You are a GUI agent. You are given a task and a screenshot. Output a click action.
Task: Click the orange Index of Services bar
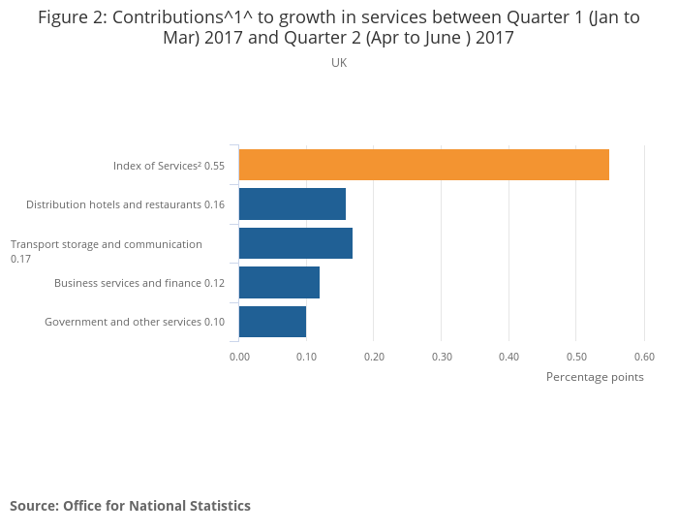point(423,165)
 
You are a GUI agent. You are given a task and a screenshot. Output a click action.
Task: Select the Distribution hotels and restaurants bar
point(292,204)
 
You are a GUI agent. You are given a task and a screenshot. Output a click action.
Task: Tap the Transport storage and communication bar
point(295,243)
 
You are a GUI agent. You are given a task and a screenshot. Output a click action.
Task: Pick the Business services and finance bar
point(279,283)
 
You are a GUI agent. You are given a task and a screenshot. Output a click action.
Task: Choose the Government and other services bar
point(272,322)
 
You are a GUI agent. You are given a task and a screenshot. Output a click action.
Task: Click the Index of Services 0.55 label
point(169,166)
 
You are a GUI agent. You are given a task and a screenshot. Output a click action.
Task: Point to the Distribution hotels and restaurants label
point(125,204)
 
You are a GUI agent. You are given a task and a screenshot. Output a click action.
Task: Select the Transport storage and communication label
point(106,251)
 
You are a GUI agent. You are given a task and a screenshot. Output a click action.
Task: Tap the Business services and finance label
point(139,283)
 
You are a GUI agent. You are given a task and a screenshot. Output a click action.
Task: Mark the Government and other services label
point(135,322)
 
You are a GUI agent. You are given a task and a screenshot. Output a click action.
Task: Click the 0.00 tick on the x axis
point(239,356)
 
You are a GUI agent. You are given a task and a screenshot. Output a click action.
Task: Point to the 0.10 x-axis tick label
point(306,356)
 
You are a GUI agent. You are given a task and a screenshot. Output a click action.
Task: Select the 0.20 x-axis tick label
point(374,356)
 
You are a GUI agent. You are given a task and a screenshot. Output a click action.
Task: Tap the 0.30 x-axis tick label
point(442,356)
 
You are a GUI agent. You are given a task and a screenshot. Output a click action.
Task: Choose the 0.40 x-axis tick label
point(508,356)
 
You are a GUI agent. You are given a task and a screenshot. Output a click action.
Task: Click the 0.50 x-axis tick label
point(576,356)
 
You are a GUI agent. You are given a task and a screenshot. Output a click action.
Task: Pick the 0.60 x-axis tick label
point(644,356)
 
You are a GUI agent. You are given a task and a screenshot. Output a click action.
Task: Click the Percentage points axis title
point(595,377)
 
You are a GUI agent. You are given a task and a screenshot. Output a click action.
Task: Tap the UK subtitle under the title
point(339,63)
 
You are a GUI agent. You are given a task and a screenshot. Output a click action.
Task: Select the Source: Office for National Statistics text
point(130,506)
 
